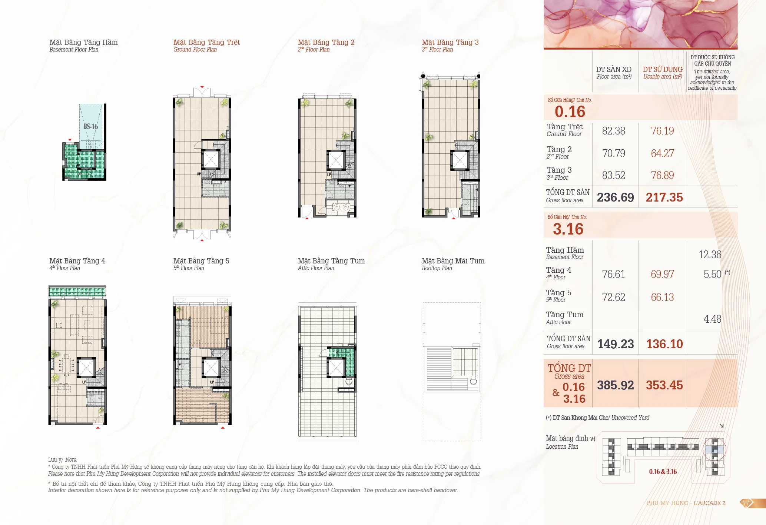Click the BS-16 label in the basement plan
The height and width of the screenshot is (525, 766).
coord(90,126)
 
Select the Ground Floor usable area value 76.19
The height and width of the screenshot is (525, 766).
coord(662,131)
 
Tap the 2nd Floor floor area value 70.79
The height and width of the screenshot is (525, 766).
coord(614,153)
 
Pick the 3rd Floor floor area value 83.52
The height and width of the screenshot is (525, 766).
coord(614,175)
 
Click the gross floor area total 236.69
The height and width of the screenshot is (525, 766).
coord(615,197)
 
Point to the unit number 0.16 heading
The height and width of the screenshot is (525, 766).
coord(570,112)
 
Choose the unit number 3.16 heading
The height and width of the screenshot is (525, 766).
coord(568,229)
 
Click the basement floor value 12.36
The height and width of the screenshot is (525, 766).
coord(710,255)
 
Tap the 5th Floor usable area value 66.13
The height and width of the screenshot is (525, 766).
coord(662,297)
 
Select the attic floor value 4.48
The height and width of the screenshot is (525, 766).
coord(712,319)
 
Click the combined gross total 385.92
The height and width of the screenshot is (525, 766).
coord(615,385)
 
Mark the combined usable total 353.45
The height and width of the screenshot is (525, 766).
coord(664,385)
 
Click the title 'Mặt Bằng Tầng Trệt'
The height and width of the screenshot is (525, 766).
coord(207,42)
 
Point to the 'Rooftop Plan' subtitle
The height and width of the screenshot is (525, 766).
coord(437,268)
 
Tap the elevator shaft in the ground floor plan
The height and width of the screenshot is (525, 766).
coord(211,160)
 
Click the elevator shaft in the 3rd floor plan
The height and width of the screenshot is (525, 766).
coord(460,160)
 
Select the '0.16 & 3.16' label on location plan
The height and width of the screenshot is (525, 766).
coord(663,472)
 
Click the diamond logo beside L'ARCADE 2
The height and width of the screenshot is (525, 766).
coord(747,503)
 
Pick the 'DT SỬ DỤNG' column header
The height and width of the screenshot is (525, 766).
coord(663,69)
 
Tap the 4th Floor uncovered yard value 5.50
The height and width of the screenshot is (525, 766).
coord(712,274)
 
